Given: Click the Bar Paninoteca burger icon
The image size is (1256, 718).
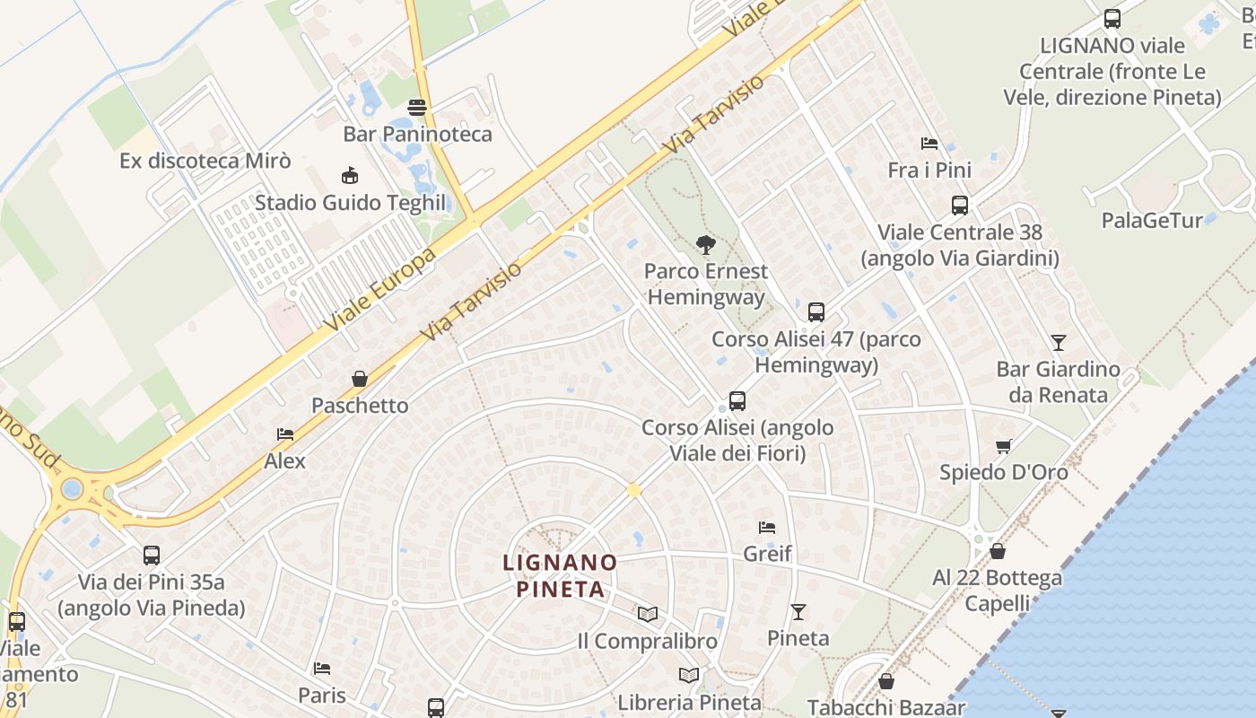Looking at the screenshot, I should coord(417,108).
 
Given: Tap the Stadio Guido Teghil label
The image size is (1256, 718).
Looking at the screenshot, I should coord(350,203).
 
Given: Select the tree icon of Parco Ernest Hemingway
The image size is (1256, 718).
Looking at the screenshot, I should coord(706,244).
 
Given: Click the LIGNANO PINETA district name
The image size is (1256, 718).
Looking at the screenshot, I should coord(560,576).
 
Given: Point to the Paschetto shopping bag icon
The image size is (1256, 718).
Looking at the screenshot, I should coord(360,379).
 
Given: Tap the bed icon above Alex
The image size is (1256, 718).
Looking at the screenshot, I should coord(285,434).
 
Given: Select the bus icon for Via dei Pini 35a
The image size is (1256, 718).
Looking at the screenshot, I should coord(152,556).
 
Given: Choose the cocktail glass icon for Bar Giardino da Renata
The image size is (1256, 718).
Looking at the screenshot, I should coord(1059,343).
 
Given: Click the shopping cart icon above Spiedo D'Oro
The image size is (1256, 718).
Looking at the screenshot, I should coord(1004,446).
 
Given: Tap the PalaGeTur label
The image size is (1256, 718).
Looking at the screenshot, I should coord(1164,221).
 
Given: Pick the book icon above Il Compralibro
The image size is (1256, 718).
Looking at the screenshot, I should coord(648,615).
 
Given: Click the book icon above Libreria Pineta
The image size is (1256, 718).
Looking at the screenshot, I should coord(689,676).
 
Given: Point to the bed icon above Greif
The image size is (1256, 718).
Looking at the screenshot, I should coord(767,527).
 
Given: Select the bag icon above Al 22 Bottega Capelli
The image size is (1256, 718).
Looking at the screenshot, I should coord(997,551).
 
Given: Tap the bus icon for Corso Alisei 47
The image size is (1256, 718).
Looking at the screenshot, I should coord(816,312).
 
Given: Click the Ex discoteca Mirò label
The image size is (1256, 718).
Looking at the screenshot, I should coord(205,162).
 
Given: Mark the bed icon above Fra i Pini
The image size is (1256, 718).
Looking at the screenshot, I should coord(929,144).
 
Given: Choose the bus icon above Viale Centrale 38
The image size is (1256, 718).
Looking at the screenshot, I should coord(960,206).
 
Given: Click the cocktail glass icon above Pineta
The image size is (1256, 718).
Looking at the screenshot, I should coord(798,612).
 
